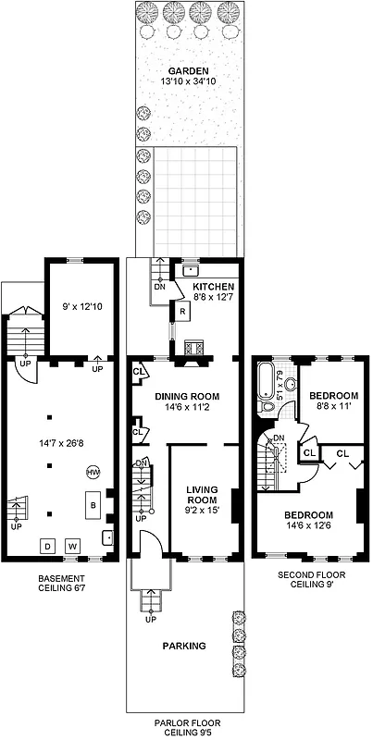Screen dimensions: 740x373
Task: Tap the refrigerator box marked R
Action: (183, 312)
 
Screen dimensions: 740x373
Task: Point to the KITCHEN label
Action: (214, 287)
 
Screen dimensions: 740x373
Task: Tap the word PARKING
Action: (185, 646)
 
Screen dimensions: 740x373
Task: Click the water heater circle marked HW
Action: (93, 472)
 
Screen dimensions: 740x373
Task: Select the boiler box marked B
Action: (92, 506)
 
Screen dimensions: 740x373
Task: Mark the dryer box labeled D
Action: (46, 546)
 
